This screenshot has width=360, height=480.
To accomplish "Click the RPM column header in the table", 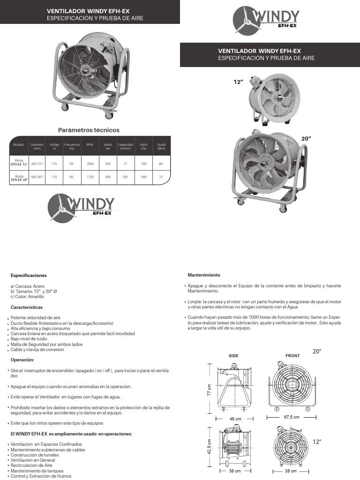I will (x=90, y=145).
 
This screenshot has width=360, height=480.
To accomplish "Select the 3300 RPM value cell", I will (x=90, y=164).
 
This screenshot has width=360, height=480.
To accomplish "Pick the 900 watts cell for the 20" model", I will (x=108, y=177).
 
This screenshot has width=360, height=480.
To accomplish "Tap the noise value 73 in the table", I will (x=161, y=177).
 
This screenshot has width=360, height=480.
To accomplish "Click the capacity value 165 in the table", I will (x=125, y=177).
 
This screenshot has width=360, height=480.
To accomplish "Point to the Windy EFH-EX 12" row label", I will (x=19, y=163).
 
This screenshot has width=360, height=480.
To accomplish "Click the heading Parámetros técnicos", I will (x=89, y=130).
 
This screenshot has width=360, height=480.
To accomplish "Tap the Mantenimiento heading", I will (x=204, y=275).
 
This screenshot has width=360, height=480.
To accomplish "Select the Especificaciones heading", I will (x=29, y=276).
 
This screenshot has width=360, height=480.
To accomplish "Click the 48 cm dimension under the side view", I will (x=235, y=419).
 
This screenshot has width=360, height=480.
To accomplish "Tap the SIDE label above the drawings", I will (x=233, y=356).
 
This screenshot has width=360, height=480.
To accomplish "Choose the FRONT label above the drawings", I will (x=292, y=356).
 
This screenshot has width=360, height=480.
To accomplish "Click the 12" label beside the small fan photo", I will (x=238, y=82).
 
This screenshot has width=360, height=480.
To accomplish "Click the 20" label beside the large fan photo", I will (x=307, y=139).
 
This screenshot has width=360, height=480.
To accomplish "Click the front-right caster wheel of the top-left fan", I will (x=110, y=115).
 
